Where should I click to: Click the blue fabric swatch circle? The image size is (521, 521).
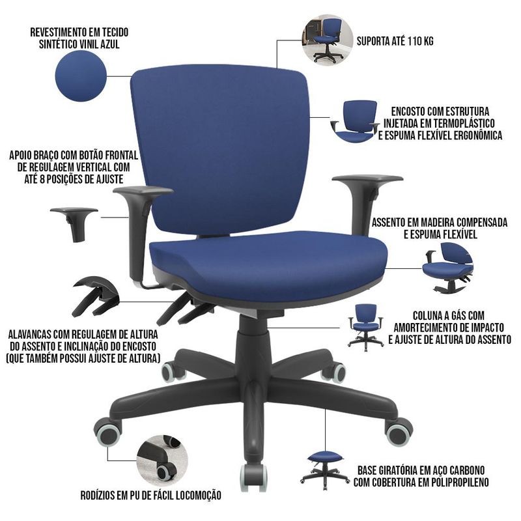(x=81, y=76)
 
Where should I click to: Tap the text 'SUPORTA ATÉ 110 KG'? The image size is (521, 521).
(x=395, y=41)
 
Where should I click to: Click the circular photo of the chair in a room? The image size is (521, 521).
(x=328, y=40)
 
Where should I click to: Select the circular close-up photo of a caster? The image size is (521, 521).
(x=162, y=460)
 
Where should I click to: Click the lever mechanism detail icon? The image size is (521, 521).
(x=95, y=296)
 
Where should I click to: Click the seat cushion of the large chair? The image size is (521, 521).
(x=268, y=264)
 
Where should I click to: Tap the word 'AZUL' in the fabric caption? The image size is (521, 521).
(x=108, y=44)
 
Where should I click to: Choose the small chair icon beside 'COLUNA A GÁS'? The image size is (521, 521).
(x=365, y=328)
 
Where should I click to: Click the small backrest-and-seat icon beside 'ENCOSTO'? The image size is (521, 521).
(x=356, y=121)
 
